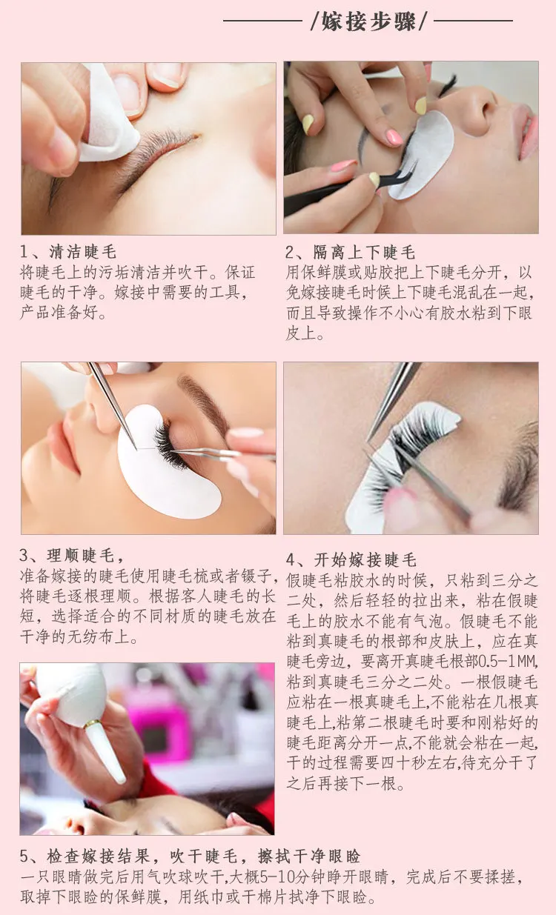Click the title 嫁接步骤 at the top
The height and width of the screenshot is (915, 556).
(x=368, y=21)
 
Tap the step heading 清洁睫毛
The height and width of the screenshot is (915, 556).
(x=83, y=252)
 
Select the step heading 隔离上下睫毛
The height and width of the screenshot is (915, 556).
(x=364, y=253)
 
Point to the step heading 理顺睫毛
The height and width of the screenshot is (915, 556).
(x=81, y=556)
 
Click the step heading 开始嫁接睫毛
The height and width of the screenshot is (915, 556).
(x=365, y=559)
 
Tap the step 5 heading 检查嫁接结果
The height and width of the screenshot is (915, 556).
(x=98, y=856)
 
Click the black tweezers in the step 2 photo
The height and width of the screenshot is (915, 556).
(x=348, y=187)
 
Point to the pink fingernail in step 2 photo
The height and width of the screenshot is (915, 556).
(x=394, y=138)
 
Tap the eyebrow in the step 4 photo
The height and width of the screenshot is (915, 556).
(x=520, y=466)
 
